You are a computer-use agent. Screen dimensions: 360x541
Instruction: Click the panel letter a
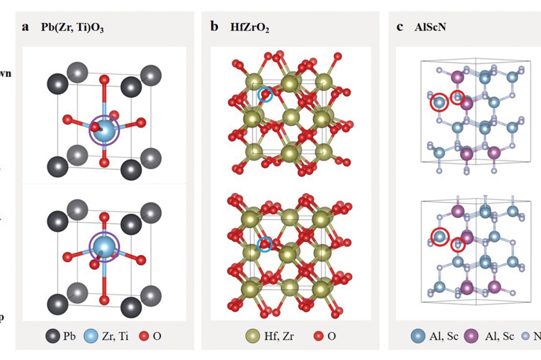tap(25, 27)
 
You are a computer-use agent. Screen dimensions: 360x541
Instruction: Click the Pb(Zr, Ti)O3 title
tap(72, 28)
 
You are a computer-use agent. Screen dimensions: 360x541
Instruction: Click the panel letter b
tap(214, 27)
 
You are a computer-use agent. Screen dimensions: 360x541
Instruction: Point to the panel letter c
tap(400, 27)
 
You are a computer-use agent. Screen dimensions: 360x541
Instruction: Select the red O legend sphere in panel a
tap(143, 336)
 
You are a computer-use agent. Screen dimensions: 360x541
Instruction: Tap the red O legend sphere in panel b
tap(317, 336)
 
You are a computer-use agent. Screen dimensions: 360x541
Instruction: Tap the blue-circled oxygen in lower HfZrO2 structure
tap(265, 244)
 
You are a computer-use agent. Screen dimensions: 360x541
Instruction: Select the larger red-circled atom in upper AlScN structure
tap(439, 102)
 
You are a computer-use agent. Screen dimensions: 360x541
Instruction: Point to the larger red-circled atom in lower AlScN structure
tap(440, 236)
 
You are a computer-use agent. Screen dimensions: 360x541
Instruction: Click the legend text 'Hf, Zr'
tap(280, 336)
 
